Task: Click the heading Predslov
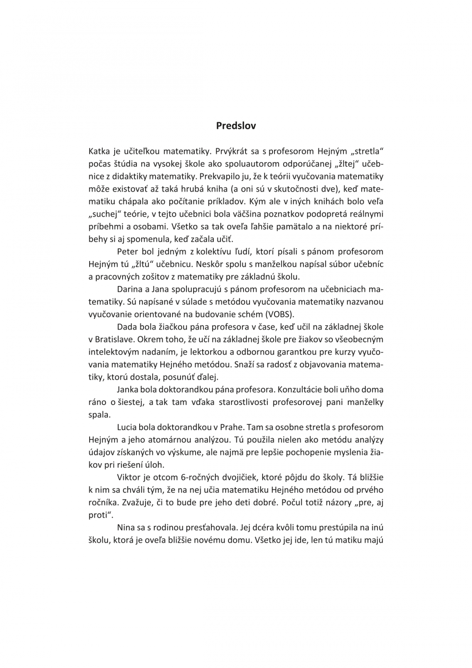236,126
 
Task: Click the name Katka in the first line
97,151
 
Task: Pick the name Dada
125,327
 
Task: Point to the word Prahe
231,427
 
